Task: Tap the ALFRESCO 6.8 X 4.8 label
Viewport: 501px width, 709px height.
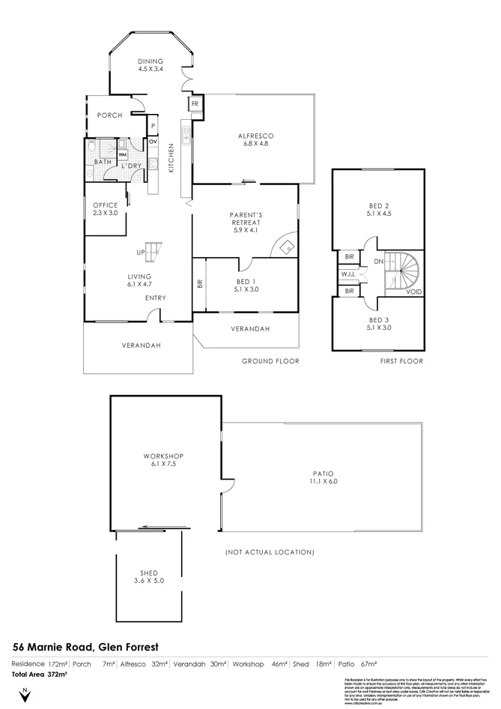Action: (x=255, y=140)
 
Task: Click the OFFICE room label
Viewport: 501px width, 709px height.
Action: (x=105, y=209)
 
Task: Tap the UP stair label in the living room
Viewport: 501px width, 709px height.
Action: (x=140, y=252)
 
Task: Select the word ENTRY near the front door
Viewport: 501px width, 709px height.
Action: (x=156, y=298)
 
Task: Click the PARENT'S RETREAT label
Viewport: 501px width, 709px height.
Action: (x=245, y=223)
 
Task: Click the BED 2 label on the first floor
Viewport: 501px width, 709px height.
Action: (x=379, y=209)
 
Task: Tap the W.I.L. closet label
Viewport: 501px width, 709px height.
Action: (x=348, y=274)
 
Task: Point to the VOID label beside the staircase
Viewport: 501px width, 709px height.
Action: (x=413, y=291)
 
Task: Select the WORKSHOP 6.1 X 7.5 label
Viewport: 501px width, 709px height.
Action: (x=163, y=459)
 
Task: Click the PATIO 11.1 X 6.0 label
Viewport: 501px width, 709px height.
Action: (x=323, y=477)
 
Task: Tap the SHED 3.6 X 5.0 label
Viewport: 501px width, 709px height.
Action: (x=148, y=577)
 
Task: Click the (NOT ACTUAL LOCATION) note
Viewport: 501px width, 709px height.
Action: (x=270, y=552)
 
